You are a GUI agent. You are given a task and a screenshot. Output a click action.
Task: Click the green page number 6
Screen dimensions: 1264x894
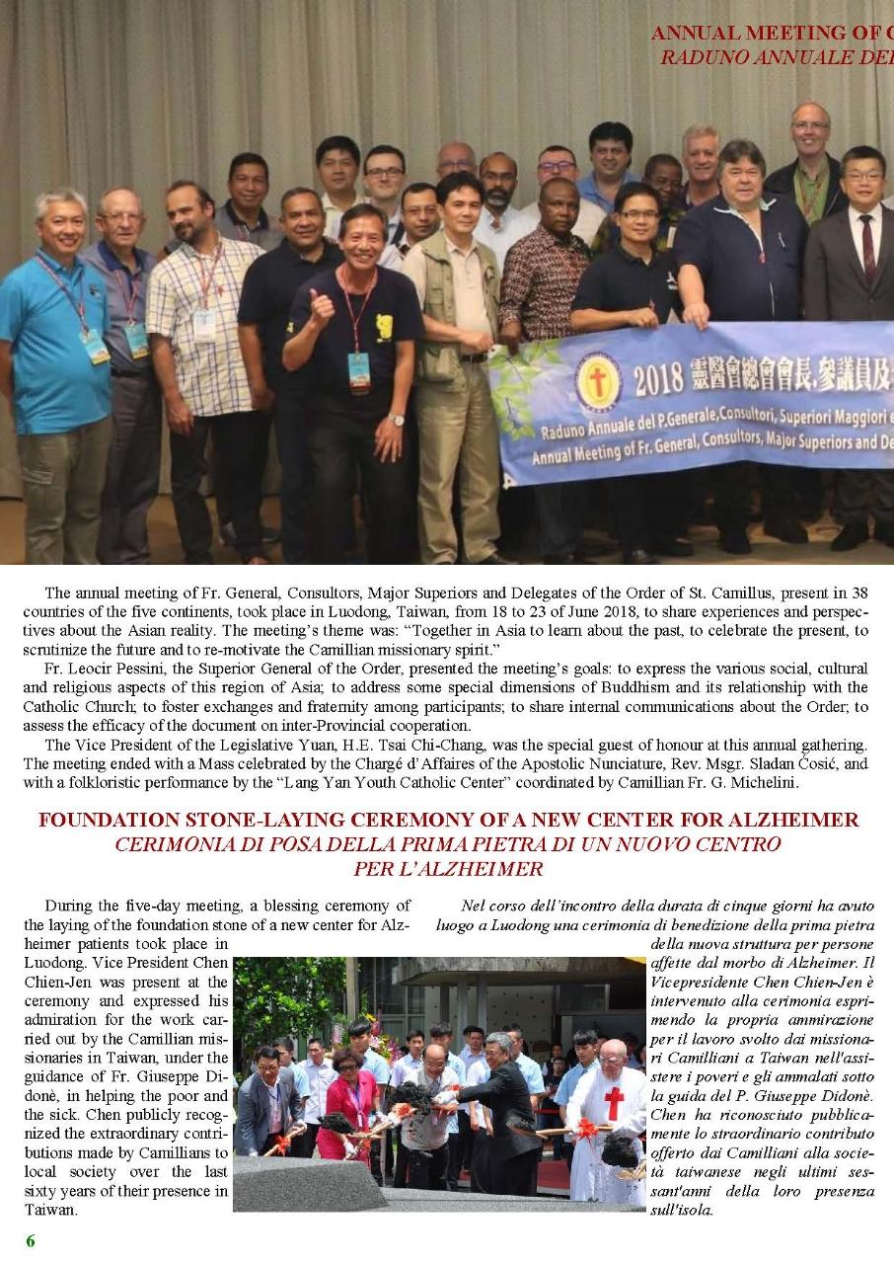(31, 1241)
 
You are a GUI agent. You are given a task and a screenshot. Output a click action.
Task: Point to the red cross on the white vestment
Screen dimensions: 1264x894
(614, 1102)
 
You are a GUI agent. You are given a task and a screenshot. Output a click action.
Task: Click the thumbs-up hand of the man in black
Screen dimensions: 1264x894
(322, 309)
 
